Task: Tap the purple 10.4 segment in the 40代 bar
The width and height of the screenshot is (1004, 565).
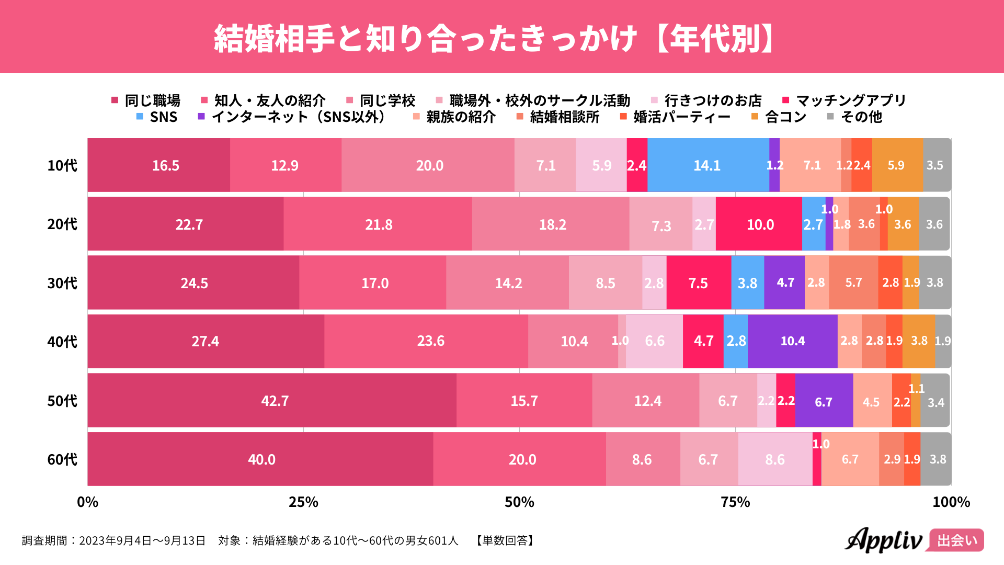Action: (792, 341)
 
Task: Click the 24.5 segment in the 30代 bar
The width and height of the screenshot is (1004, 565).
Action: (193, 283)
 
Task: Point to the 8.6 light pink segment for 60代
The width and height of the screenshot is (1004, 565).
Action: (775, 459)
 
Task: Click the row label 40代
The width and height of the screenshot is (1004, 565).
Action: (62, 342)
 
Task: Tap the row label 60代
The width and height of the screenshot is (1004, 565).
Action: (62, 459)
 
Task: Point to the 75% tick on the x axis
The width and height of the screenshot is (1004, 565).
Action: (735, 502)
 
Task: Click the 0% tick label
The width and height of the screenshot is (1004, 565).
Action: (87, 502)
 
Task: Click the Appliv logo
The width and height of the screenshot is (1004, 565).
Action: (884, 540)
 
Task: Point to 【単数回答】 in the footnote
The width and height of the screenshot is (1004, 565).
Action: (505, 540)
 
